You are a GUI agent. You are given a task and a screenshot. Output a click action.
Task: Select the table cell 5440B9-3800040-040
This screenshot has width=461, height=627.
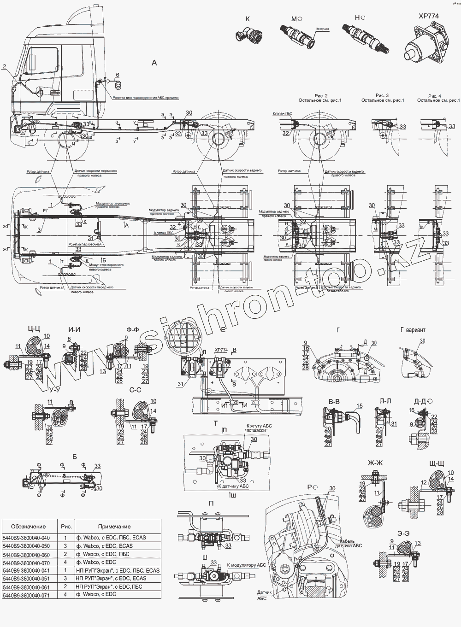[x=26, y=537]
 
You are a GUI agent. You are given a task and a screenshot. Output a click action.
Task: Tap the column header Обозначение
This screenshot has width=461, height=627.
[x=29, y=526]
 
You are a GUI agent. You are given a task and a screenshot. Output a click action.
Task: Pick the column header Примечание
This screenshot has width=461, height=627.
[x=114, y=526]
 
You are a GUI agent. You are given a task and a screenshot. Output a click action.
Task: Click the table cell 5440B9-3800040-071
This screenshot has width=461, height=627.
[x=26, y=595]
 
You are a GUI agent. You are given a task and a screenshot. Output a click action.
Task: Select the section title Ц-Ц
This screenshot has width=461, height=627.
[x=35, y=329]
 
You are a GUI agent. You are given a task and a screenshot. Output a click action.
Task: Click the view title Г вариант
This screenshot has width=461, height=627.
[x=413, y=330]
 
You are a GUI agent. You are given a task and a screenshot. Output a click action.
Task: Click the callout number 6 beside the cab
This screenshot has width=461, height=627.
[x=117, y=75]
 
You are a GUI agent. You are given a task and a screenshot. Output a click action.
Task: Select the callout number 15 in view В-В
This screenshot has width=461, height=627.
[x=360, y=406]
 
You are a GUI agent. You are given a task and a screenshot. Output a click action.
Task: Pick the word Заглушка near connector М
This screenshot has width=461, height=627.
[x=322, y=29]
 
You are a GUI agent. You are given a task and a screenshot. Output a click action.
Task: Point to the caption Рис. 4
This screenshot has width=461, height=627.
[x=434, y=95]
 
